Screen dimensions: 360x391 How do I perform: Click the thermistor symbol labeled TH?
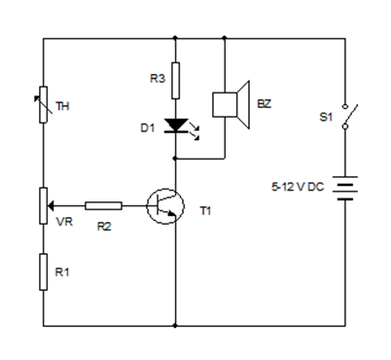pos(44,106)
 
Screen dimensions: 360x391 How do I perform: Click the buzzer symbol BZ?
pos(230,106)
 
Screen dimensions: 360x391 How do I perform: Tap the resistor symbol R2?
pos(103,205)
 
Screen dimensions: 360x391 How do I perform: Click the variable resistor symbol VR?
pos(44,205)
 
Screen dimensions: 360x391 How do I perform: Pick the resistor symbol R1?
pos(44,273)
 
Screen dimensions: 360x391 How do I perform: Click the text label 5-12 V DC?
pos(302,186)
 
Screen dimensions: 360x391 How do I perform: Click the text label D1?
pos(149,126)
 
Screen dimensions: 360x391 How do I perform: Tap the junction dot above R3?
pos(175,39)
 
